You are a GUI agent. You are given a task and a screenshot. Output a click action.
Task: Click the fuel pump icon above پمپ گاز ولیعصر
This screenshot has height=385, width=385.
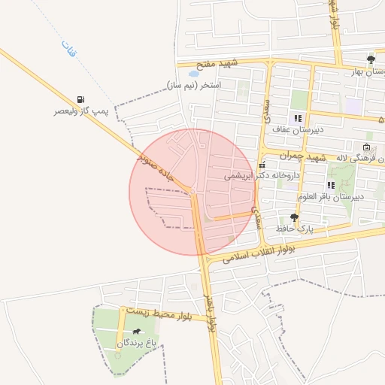80,99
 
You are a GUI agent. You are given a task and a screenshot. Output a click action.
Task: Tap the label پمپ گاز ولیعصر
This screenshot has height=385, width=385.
80,112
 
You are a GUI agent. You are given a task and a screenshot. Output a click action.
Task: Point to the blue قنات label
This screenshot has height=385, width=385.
65,48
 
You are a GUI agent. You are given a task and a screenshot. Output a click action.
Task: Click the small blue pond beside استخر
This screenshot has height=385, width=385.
194,74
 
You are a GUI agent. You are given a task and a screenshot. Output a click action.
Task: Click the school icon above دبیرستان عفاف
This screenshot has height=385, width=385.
298,118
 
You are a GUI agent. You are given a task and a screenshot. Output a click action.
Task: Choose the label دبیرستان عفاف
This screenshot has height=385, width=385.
298,129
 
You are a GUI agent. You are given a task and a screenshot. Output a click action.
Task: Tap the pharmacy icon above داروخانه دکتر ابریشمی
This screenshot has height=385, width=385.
261,165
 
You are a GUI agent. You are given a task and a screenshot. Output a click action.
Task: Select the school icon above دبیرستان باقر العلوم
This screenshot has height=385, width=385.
330,185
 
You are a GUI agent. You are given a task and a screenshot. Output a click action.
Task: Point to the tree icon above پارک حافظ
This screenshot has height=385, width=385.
294,217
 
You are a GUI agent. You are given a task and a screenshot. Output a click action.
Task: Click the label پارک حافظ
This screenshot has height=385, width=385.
294,227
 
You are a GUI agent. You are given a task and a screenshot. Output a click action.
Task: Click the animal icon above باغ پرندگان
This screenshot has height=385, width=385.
136,332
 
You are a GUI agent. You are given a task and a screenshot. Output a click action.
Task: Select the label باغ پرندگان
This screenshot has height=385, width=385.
136,343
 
